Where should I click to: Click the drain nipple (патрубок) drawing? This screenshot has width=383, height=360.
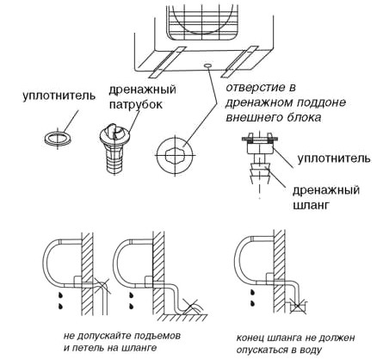[x=114, y=148]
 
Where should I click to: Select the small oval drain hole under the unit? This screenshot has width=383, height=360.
[x=208, y=65]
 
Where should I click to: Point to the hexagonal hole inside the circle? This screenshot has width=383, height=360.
[x=175, y=155]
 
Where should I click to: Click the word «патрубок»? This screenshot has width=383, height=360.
[x=136, y=104]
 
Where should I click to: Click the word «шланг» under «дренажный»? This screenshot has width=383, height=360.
[x=310, y=206]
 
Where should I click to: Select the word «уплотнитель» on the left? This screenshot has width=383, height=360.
[x=59, y=96]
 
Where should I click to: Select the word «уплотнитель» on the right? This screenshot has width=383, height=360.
[x=334, y=158]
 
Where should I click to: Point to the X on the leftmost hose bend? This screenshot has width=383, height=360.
[x=102, y=285]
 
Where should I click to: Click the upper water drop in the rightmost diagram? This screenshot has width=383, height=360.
[x=252, y=292]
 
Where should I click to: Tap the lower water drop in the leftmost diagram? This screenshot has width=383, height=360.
[x=61, y=306]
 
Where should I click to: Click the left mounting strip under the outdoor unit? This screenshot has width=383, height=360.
[x=167, y=61]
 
